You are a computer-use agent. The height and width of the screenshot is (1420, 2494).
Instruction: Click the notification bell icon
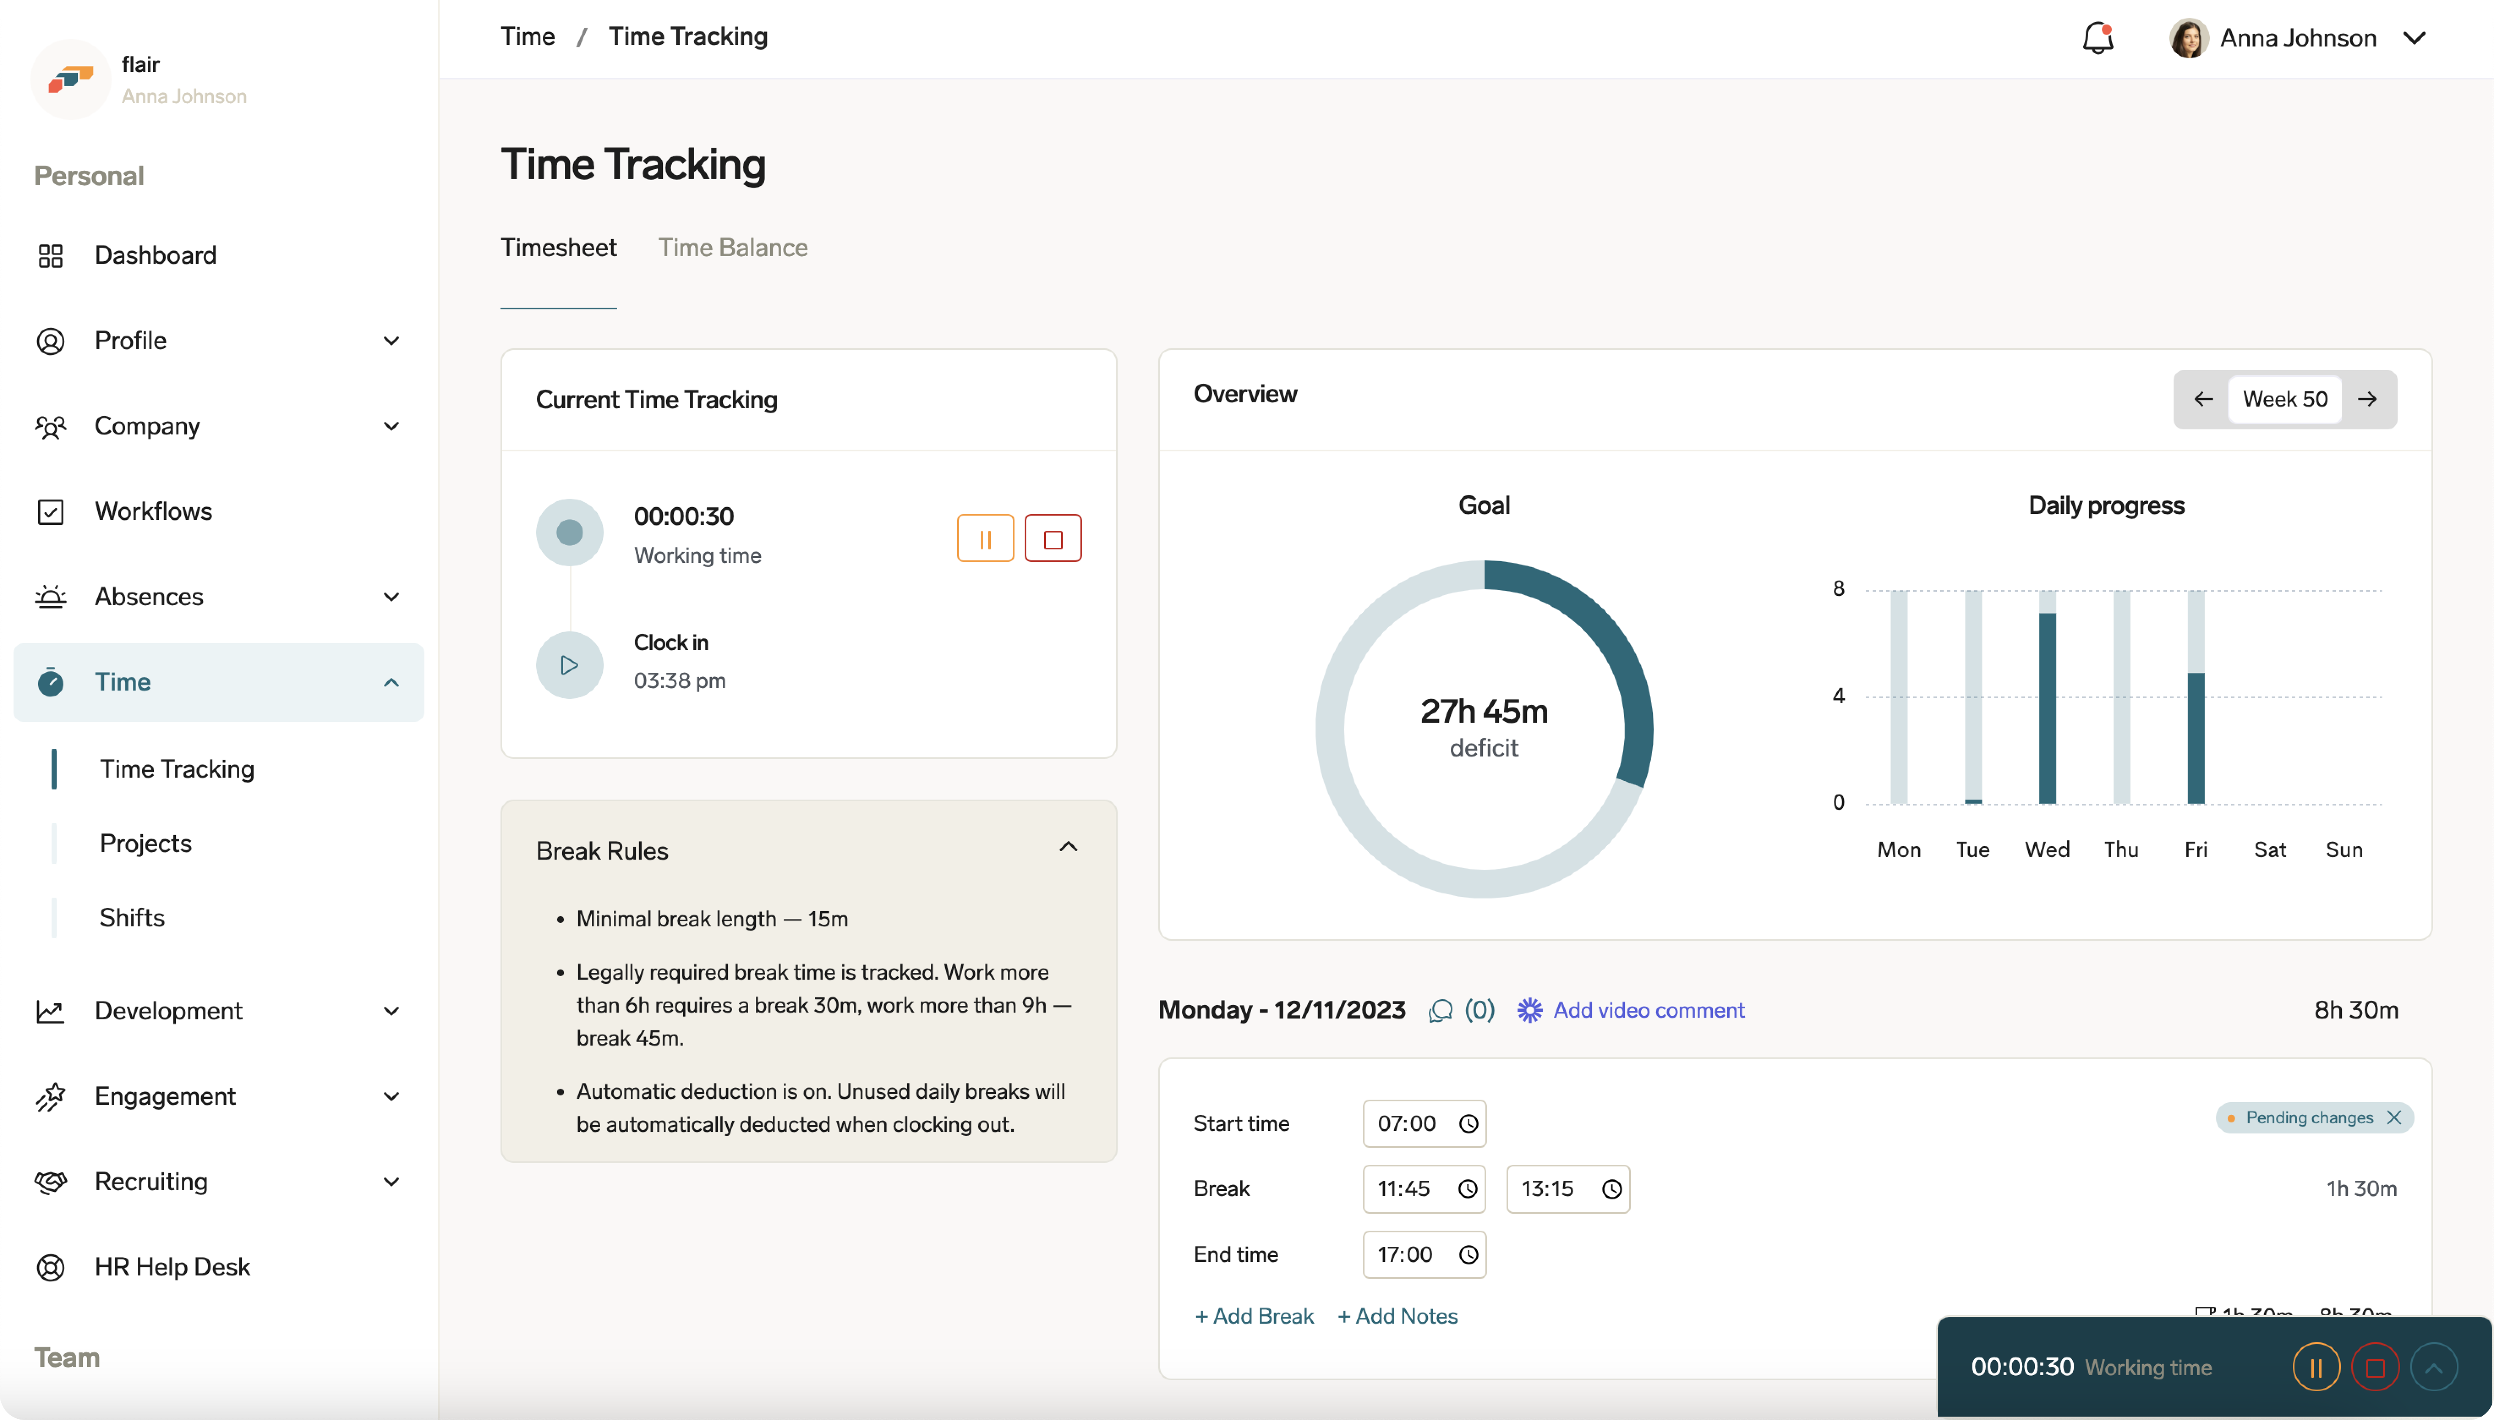coord(2097,38)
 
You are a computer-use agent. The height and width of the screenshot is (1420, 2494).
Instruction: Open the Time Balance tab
coord(733,248)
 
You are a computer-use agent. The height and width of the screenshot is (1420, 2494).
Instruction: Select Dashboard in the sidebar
coord(155,256)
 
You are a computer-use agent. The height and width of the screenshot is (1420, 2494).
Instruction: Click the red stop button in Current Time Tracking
coord(1053,538)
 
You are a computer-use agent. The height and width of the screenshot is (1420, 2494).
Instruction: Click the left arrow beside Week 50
coord(2202,399)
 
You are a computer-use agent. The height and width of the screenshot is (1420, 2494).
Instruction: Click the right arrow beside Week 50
coord(2367,399)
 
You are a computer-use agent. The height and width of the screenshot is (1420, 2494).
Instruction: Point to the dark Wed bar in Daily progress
coord(2047,707)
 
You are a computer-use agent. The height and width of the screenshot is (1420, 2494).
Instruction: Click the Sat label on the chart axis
coord(2270,849)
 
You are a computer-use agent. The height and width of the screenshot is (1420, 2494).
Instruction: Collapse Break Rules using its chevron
coord(1068,847)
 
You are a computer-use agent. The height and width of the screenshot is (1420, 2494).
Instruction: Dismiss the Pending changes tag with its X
coord(2393,1118)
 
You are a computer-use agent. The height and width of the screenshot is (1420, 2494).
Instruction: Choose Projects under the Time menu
coord(145,844)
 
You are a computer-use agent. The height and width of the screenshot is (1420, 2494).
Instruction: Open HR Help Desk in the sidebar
coord(172,1267)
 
